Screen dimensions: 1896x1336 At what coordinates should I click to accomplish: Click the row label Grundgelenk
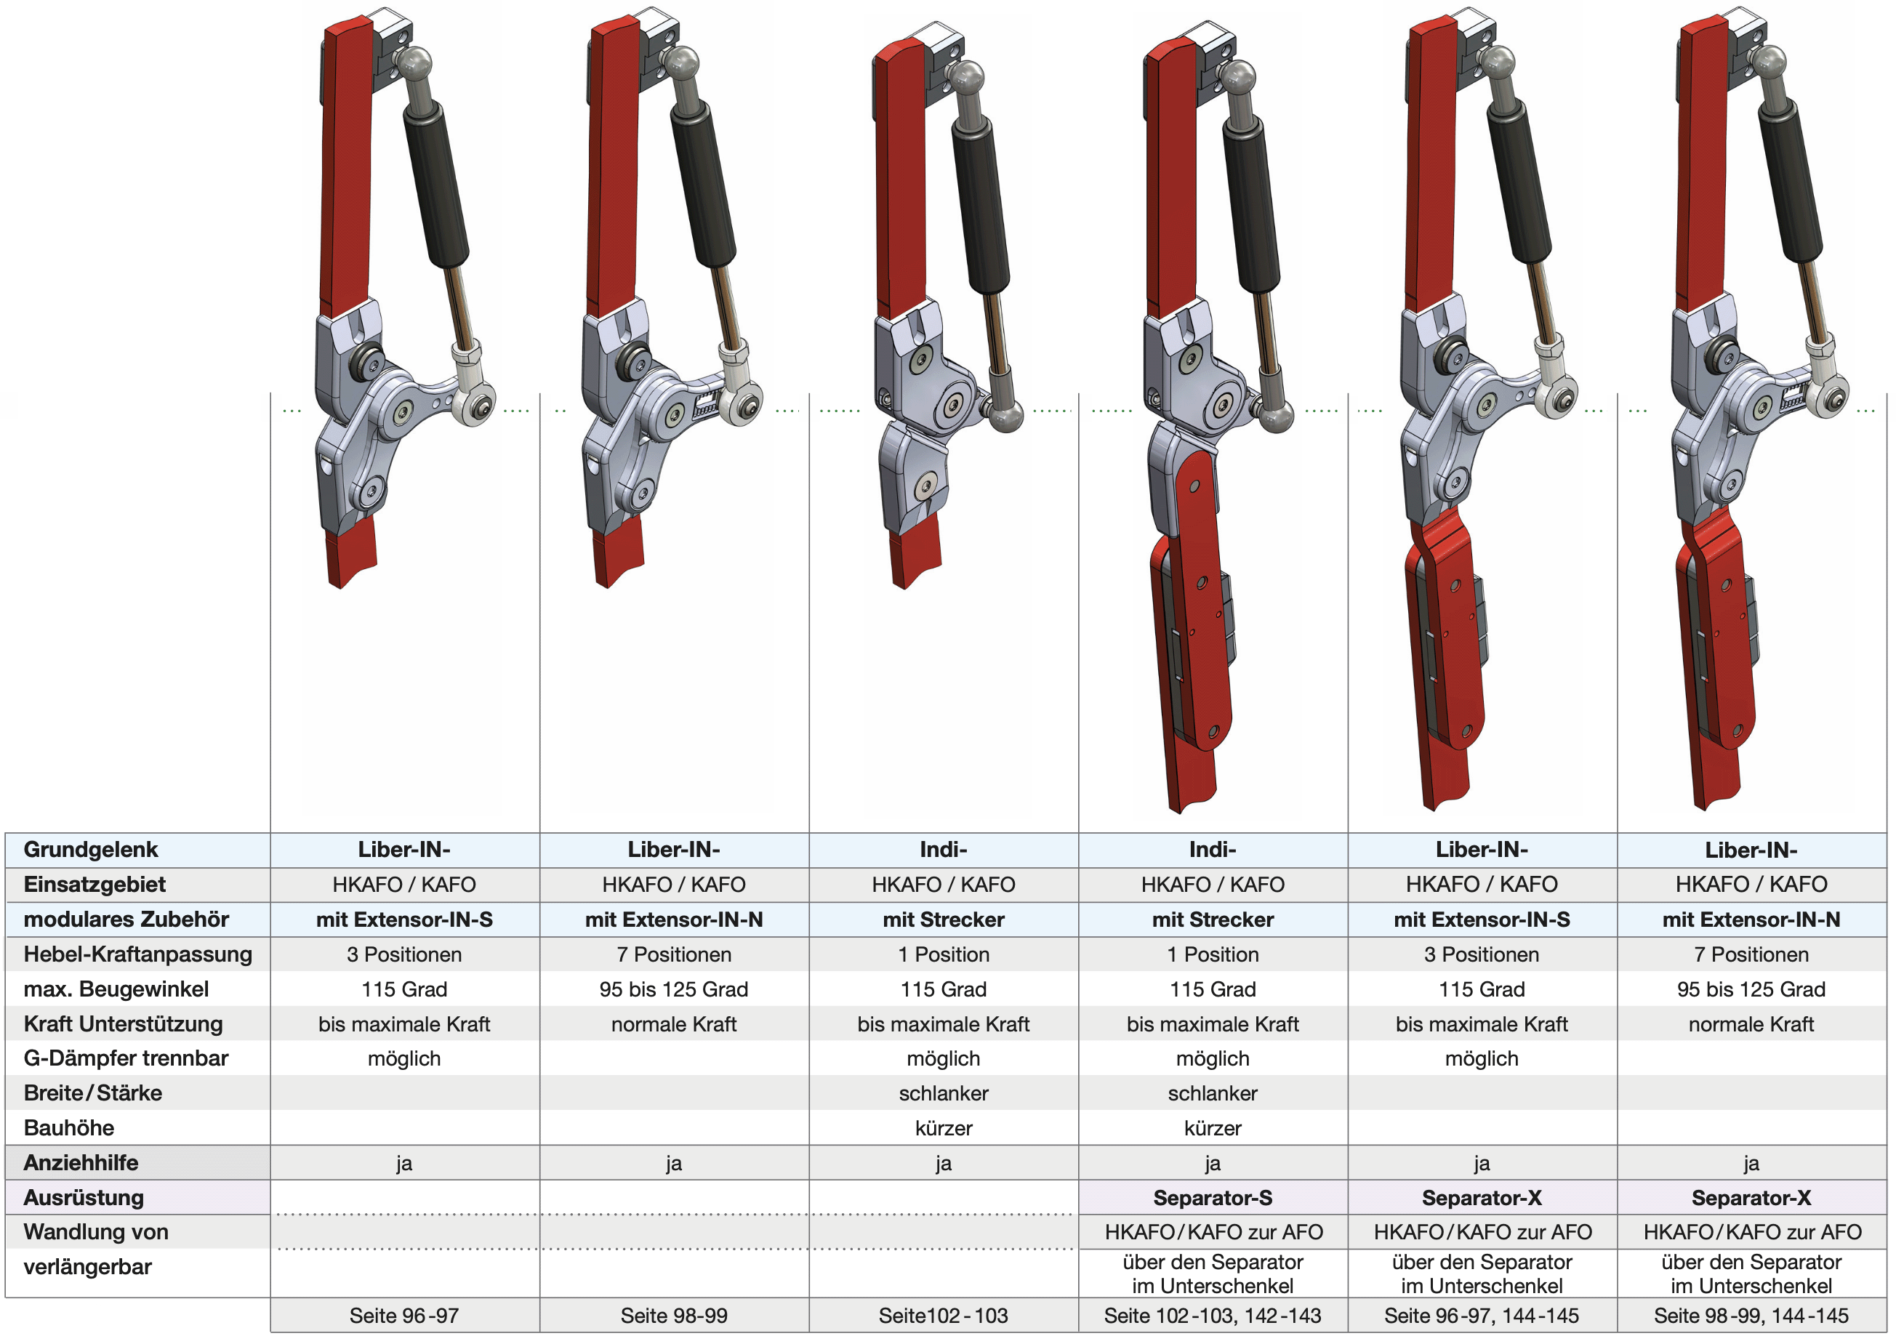(91, 850)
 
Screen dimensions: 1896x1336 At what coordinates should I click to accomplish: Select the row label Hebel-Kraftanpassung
(138, 954)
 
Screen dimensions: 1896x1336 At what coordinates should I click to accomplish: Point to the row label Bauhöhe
(69, 1128)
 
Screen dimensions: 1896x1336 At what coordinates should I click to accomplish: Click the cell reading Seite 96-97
(403, 1316)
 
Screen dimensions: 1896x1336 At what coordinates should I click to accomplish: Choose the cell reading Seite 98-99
(674, 1316)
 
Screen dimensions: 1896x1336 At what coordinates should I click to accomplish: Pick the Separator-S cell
(1212, 1197)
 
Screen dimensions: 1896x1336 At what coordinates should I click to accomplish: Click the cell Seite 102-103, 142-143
(1212, 1316)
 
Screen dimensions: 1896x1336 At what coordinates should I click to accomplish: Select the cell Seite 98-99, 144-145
(1751, 1316)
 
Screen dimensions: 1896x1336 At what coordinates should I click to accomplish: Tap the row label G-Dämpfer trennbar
(126, 1058)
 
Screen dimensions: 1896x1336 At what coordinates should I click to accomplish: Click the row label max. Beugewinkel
(116, 989)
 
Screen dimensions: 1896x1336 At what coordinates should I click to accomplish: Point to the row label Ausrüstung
(84, 1197)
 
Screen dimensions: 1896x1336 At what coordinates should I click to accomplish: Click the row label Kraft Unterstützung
(123, 1024)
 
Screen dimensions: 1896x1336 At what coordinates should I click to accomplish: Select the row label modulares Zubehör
(126, 919)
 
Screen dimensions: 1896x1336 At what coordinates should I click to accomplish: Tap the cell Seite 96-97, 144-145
(1482, 1316)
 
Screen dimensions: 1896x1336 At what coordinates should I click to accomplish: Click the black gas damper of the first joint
(436, 184)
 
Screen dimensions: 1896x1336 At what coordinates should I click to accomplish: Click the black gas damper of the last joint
(1791, 180)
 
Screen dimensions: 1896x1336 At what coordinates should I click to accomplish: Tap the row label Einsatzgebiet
(94, 885)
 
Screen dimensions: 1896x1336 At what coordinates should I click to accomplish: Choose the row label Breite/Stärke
(92, 1093)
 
